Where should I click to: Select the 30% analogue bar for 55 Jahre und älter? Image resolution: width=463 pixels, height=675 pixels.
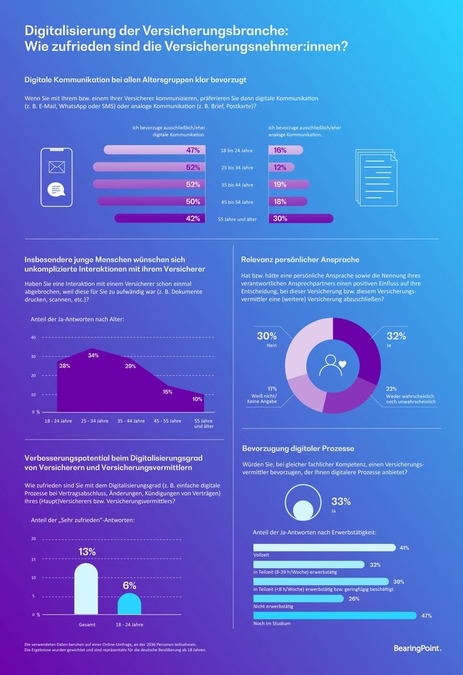click(x=301, y=219)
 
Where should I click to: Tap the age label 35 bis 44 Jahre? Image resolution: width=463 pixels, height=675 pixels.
click(x=236, y=185)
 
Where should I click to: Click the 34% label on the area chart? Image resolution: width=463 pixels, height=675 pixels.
click(x=93, y=355)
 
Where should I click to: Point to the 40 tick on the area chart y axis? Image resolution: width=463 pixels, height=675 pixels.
click(x=33, y=337)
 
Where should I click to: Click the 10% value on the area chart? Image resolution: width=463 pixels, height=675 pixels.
click(x=198, y=399)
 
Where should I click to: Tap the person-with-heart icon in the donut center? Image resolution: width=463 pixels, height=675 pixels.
click(x=332, y=365)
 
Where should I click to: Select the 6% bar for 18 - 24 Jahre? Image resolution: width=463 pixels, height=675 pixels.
click(x=129, y=604)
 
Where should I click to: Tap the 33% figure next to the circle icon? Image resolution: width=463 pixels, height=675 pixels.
click(x=341, y=501)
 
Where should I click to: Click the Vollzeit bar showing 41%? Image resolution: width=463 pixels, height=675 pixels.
click(x=323, y=548)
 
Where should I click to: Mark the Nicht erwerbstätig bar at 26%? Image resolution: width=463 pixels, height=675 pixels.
click(x=297, y=598)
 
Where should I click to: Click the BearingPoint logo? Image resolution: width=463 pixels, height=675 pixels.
click(x=417, y=648)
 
